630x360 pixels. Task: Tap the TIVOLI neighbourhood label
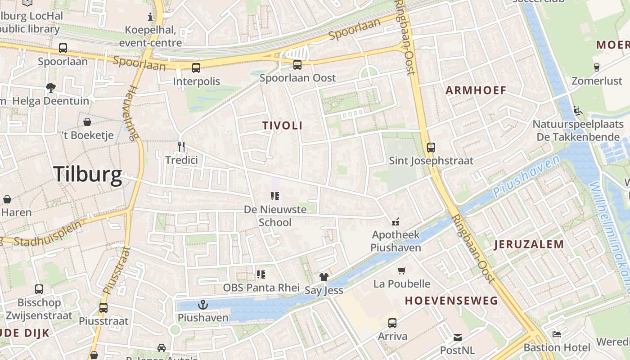tap(283, 126)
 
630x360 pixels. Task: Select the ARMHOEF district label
tap(476, 90)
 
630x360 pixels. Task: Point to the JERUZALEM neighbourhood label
tap(529, 245)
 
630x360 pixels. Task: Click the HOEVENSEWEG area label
tap(451, 301)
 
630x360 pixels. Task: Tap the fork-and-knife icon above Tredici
tap(181, 146)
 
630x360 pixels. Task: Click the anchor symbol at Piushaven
tap(203, 305)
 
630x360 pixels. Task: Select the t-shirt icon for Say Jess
tap(324, 277)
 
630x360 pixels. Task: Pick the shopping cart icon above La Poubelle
tap(402, 270)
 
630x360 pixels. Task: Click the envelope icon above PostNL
tap(458, 337)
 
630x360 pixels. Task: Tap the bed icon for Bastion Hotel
tap(557, 334)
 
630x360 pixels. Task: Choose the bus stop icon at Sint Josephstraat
tap(431, 147)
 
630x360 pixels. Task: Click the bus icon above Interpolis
tap(196, 68)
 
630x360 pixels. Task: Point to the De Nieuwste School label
tap(275, 216)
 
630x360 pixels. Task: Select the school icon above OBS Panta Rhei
tap(261, 274)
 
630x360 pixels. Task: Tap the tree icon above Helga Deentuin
tap(51, 88)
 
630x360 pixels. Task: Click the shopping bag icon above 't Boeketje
tap(87, 122)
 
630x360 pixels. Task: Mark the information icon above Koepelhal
tap(150, 17)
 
